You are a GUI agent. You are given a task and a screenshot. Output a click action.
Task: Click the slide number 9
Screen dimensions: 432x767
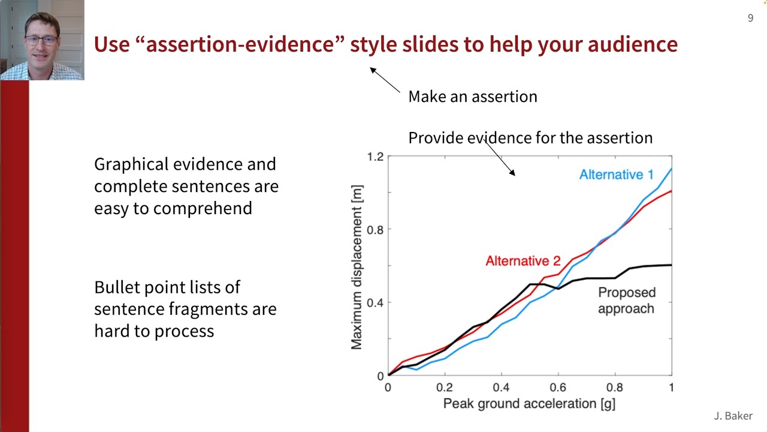[750, 19]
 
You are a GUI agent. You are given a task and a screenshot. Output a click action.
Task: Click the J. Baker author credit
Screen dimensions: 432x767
[733, 416]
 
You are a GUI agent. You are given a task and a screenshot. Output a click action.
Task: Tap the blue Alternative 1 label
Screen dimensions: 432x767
[616, 175]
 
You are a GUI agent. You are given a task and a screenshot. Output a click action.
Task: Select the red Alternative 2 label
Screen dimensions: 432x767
[523, 261]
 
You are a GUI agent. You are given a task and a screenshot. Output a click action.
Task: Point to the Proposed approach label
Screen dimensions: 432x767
[627, 301]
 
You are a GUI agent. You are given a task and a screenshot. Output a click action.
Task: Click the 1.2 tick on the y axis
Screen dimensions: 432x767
[375, 157]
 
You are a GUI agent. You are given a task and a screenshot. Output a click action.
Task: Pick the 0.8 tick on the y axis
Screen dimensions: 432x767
[375, 229]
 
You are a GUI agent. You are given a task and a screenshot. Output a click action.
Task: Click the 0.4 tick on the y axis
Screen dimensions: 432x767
[375, 302]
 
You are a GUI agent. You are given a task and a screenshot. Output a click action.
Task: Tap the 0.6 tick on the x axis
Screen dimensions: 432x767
[558, 388]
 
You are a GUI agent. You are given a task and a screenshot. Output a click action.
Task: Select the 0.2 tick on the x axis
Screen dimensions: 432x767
[444, 388]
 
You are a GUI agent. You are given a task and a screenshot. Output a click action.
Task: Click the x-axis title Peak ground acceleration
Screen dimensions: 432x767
[529, 404]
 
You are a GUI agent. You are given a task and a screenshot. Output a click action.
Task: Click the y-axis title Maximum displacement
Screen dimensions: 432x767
[357, 267]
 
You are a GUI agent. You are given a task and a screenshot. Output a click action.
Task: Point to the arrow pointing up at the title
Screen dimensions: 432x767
[384, 80]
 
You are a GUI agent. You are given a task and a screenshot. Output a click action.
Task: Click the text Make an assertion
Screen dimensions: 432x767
[472, 97]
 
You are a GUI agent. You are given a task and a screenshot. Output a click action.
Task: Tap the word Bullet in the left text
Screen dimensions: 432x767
[120, 287]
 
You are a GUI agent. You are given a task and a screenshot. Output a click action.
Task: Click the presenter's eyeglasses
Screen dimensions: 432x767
[41, 41]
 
